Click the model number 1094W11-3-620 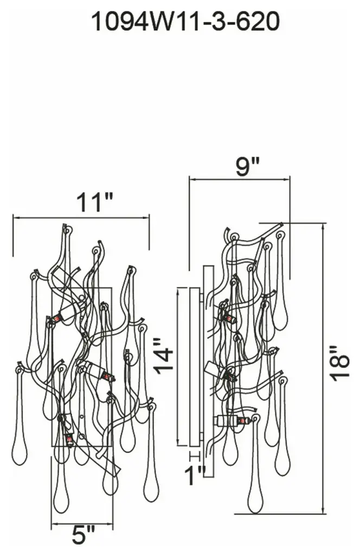pos(185,22)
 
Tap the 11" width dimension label pos(94,202)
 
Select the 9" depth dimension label pos(248,166)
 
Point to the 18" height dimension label pos(340,364)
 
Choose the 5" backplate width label pos(83,535)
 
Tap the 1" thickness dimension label pos(195,475)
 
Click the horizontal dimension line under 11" pos(81,218)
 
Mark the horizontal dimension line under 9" pos(240,179)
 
